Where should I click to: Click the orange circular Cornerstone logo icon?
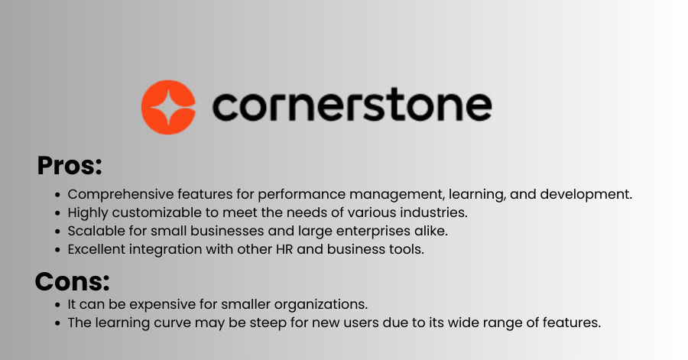[x=168, y=107]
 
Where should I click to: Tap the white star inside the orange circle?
[x=170, y=107]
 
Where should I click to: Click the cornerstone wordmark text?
[x=352, y=105]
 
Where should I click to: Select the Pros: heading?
[x=70, y=166]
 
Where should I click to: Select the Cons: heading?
[x=72, y=281]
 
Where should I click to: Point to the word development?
[x=586, y=194]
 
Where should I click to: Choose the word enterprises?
[x=372, y=232]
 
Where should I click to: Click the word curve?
[x=170, y=323]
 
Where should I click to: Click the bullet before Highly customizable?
[x=57, y=213]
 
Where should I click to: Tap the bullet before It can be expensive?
[x=57, y=305]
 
